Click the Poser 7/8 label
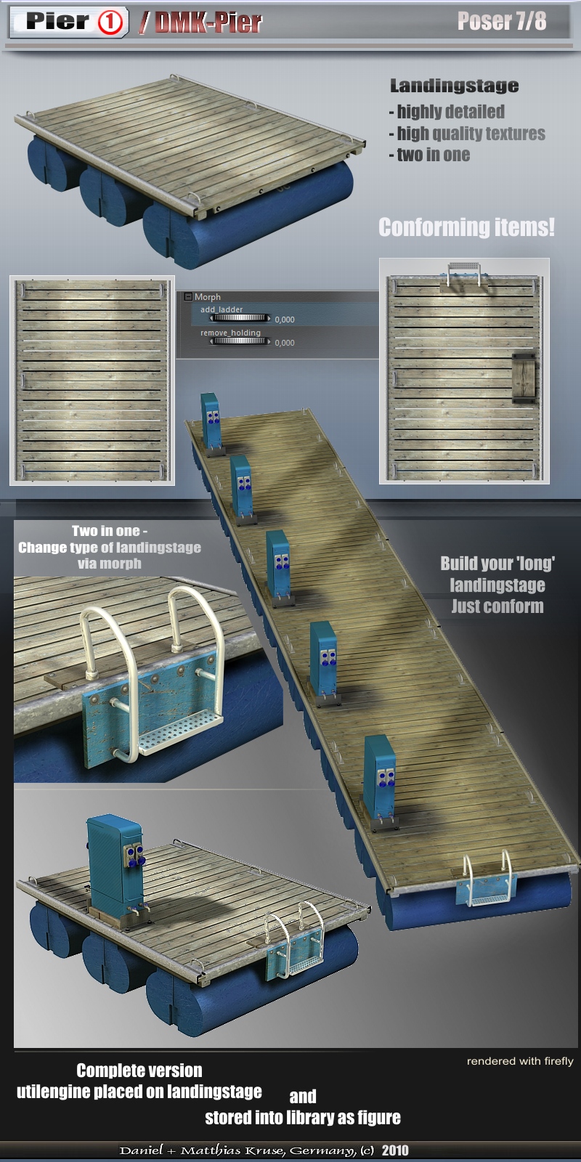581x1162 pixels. pos(502,21)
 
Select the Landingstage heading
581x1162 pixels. pos(454,86)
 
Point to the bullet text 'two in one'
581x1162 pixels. pos(433,155)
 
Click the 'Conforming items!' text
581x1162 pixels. pos(466,227)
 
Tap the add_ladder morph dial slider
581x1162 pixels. pos(239,318)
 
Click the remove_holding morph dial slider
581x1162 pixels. pos(239,341)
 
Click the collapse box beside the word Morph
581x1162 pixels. pos(188,297)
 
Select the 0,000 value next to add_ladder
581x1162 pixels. pos(285,320)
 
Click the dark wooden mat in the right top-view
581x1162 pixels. pos(524,378)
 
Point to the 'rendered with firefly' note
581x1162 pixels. pos(520,1061)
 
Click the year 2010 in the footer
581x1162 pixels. pos(395,1150)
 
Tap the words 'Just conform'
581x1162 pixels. pos(497,606)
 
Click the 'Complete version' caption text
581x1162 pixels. pos(139,1070)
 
